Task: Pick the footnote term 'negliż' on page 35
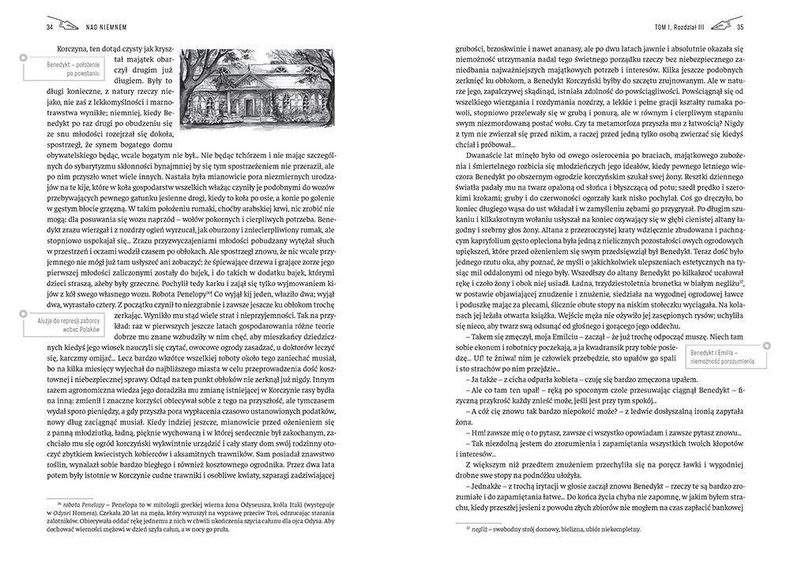tap(480, 528)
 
